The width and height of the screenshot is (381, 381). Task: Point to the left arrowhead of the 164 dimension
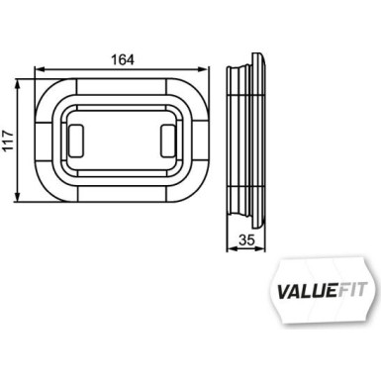coord(39,69)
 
